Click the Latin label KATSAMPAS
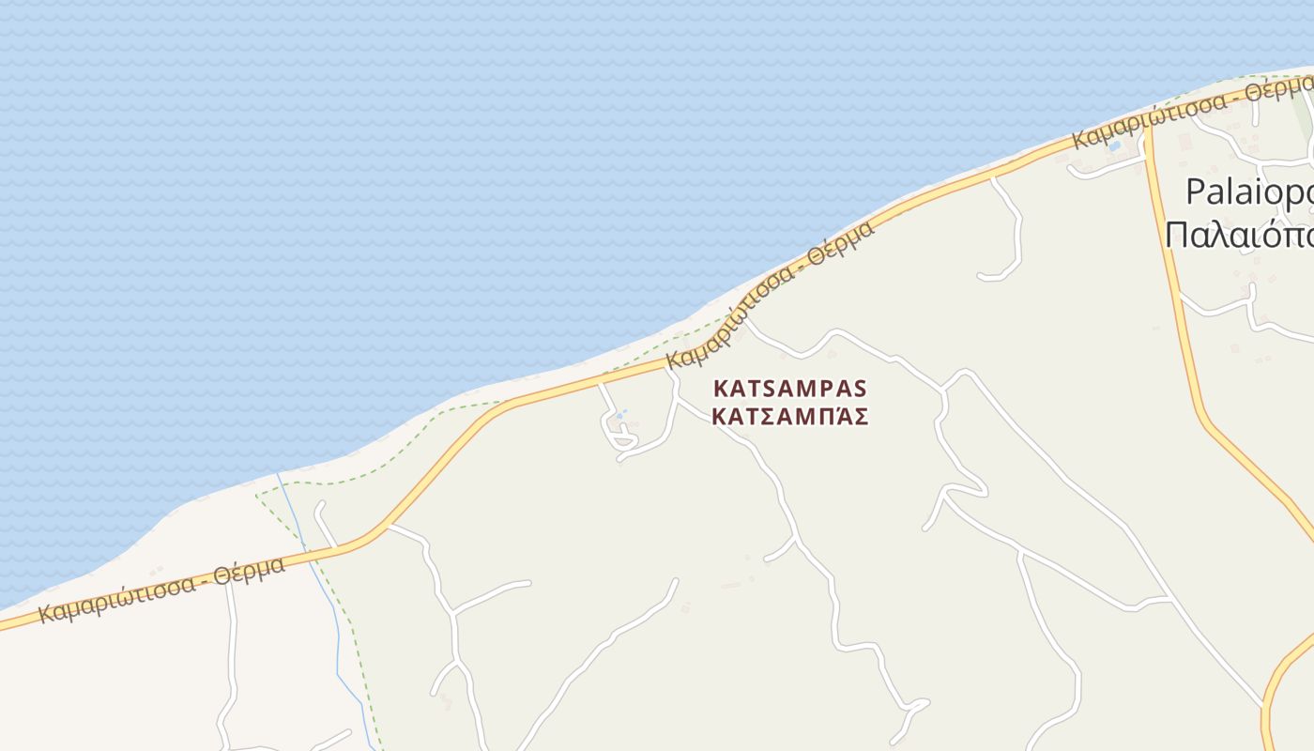(790, 388)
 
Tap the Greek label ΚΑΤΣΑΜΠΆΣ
(790, 417)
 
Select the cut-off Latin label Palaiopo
(1248, 192)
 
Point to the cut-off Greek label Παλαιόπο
(1239, 235)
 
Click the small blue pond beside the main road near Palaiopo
(1114, 146)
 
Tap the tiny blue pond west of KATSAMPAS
(619, 415)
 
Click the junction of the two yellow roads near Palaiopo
(1147, 129)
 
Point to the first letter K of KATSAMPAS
(721, 388)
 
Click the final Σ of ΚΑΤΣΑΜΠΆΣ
(860, 417)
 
